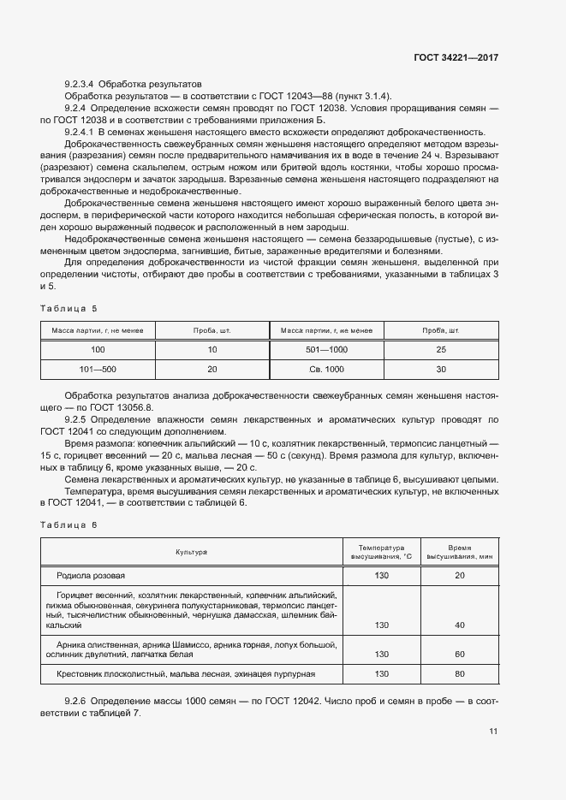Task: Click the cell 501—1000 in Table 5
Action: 326,349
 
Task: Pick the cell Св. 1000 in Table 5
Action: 326,369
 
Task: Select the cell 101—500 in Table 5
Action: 98,369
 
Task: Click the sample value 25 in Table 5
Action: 441,349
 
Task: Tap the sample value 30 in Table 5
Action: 441,369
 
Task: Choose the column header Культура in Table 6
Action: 192,553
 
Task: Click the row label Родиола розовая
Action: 91,575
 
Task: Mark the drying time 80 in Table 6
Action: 460,674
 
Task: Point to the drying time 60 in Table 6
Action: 460,654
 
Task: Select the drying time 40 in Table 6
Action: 460,625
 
